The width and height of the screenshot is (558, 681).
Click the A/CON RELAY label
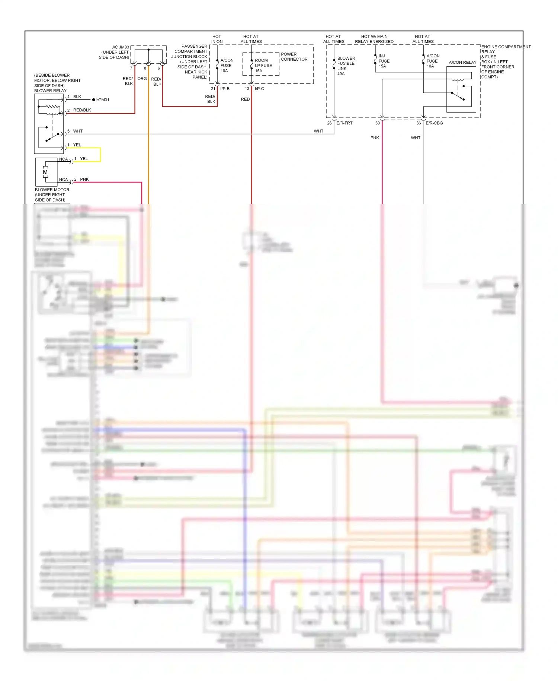click(462, 63)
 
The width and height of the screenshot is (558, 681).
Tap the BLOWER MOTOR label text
click(52, 190)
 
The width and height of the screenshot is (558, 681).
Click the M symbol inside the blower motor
click(45, 172)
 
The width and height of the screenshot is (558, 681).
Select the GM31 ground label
click(103, 100)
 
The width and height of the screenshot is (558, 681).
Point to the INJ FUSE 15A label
click(384, 61)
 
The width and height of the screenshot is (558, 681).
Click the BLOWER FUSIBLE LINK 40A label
click(346, 66)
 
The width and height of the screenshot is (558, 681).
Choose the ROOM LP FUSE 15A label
click(263, 66)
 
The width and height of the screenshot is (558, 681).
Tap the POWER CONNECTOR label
click(294, 57)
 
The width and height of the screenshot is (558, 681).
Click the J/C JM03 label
click(120, 47)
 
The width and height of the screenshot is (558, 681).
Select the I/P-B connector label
click(225, 89)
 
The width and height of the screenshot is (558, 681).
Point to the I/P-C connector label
click(259, 89)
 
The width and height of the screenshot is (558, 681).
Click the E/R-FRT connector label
click(344, 123)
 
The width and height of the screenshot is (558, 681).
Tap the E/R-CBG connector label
click(434, 123)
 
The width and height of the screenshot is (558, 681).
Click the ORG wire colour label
click(142, 79)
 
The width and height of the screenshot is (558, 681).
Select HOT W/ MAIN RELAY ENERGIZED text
click(374, 39)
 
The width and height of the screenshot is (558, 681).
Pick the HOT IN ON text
click(217, 39)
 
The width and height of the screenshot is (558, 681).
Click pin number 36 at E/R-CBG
click(418, 123)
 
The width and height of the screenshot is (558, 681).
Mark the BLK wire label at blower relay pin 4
click(77, 96)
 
